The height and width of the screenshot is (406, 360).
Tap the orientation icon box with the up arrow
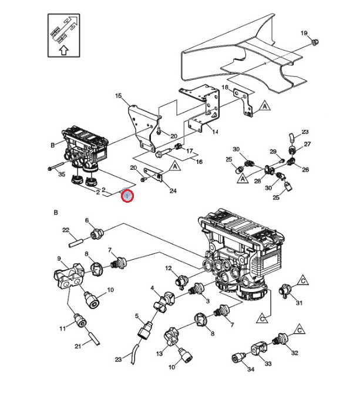63,36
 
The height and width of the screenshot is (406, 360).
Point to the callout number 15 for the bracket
118,96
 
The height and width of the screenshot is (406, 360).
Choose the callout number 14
215,132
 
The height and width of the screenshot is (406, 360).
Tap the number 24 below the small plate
173,191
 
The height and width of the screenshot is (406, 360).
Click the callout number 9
59,259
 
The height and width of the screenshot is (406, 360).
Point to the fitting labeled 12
181,279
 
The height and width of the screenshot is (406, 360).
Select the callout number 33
268,364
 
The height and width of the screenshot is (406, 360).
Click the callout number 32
294,353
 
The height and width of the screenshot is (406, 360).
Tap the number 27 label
307,144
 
